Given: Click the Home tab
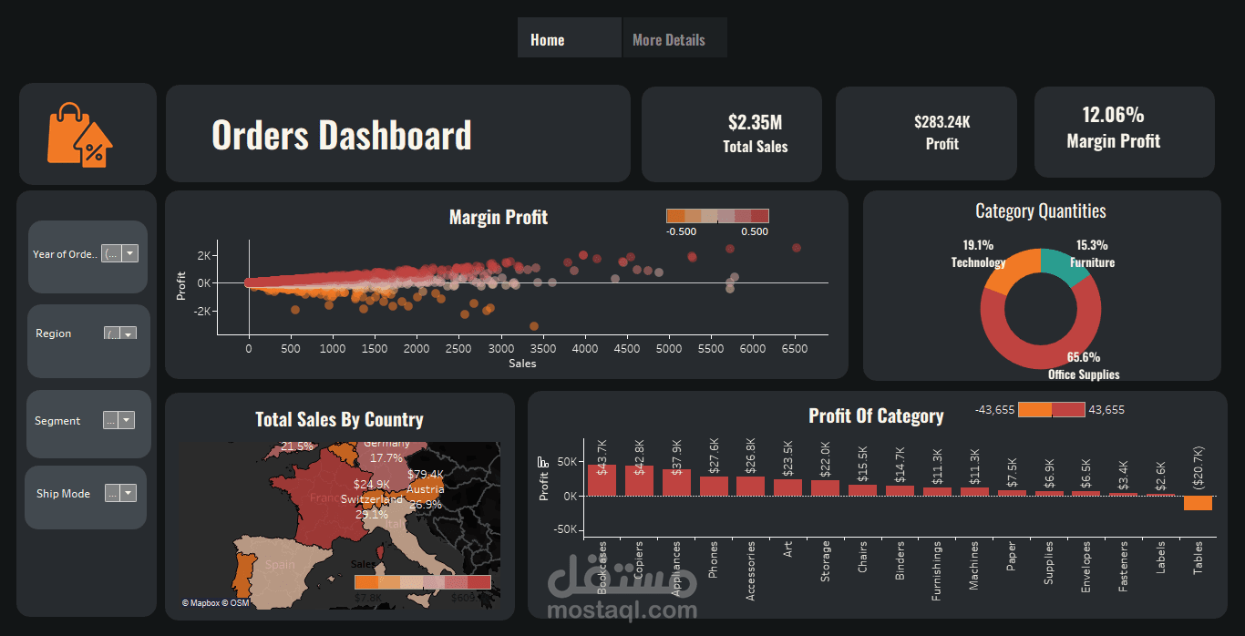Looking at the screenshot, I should [x=548, y=40].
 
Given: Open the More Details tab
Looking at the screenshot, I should [x=669, y=40].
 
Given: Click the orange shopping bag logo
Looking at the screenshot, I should [x=80, y=135].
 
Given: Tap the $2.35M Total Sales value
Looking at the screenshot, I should [x=756, y=122].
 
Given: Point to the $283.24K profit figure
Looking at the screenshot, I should [x=941, y=121].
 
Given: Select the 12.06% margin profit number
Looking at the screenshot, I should [x=1113, y=115].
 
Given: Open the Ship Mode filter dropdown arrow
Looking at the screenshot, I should [x=128, y=493].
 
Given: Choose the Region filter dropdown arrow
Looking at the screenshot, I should [x=128, y=333].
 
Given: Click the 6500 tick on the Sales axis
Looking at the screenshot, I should [x=795, y=349].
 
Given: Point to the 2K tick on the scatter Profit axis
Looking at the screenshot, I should [x=203, y=254].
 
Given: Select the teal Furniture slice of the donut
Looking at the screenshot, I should [x=1061, y=265].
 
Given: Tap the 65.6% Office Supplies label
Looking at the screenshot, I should [x=1084, y=357].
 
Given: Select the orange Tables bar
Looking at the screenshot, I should [x=1198, y=503].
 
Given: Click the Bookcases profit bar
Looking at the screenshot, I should [x=602, y=480].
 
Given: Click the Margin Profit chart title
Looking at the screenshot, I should [x=499, y=217].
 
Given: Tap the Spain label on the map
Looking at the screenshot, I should [x=280, y=564].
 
